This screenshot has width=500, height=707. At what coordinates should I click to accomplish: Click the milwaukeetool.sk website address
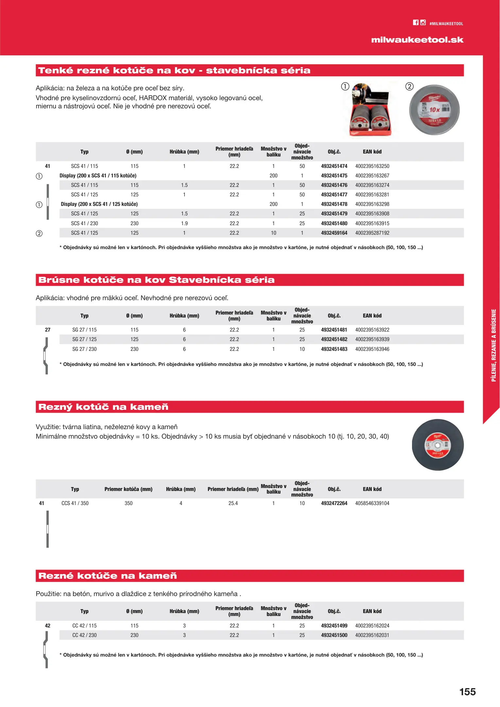[417, 40]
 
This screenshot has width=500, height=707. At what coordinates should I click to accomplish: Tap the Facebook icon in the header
[415, 23]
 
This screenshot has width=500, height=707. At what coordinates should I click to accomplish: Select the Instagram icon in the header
[423, 23]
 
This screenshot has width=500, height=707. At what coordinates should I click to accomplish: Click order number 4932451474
[334, 166]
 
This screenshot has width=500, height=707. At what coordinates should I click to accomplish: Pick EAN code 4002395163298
[372, 204]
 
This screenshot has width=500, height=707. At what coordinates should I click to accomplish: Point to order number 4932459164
[334, 233]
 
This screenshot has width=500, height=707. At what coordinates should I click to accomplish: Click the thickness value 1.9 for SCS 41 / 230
[184, 224]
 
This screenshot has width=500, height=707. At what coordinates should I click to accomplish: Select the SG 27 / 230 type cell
[84, 349]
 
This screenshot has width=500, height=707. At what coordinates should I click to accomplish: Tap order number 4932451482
[334, 339]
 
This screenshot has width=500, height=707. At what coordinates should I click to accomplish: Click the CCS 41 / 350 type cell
[75, 503]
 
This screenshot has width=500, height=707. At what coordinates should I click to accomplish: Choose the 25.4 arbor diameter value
[233, 503]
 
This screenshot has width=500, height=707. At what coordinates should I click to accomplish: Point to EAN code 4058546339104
[372, 503]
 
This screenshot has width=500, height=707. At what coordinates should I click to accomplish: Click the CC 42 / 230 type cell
[84, 635]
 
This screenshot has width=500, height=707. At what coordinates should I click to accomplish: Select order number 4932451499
[334, 626]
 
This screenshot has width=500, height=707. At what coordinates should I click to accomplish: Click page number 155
[467, 692]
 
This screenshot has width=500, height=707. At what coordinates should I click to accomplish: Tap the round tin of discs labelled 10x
[434, 110]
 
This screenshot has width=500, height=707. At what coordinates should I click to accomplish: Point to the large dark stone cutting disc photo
[438, 445]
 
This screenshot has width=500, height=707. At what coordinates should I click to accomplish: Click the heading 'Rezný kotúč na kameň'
[103, 407]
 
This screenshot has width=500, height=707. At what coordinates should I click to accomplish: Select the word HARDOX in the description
[153, 98]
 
